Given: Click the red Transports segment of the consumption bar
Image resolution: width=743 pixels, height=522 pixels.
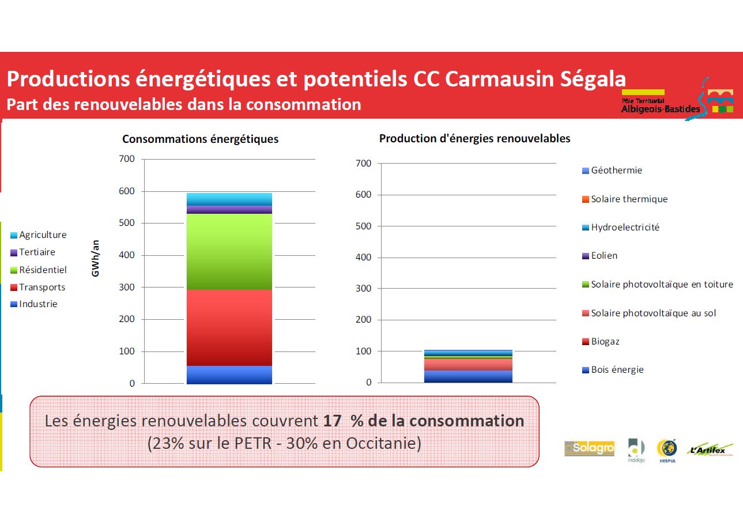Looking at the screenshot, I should (229, 327).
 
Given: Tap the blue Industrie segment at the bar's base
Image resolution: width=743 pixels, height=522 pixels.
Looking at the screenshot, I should (229, 375).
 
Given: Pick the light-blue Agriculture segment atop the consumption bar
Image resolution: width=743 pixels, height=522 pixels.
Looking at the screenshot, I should (229, 199).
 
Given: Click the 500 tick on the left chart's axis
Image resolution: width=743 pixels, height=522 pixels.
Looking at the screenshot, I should (127, 223).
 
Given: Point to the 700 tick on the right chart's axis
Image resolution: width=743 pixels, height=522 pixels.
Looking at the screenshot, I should (364, 164).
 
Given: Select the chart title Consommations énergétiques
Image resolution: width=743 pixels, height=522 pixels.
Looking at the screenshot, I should (200, 139).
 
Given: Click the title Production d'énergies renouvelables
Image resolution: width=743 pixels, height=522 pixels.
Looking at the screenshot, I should (474, 139).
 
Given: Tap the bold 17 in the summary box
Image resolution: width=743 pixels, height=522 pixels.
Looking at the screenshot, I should (332, 421).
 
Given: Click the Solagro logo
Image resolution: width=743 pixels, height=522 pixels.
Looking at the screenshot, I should (589, 449).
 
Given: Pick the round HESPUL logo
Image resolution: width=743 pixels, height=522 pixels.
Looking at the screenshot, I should (666, 450).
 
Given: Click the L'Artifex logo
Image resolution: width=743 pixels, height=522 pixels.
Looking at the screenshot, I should (710, 450).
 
